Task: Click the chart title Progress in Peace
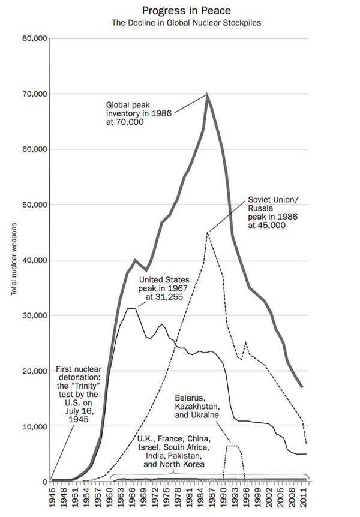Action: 179,10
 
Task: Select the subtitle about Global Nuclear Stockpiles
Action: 179,23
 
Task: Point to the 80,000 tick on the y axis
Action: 35,39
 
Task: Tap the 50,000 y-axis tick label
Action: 35,205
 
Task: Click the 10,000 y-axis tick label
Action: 35,427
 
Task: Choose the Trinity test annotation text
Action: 74,393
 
